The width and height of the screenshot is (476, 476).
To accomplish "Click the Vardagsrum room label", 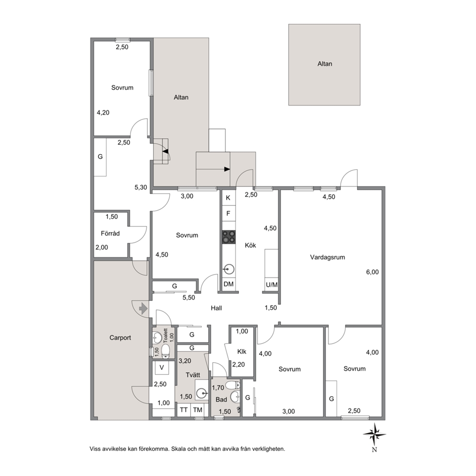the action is (327, 257).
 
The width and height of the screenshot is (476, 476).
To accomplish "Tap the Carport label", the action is (120, 338).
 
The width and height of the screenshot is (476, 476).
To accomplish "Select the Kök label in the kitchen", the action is (250, 245).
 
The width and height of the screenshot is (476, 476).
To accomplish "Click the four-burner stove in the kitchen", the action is (228, 237).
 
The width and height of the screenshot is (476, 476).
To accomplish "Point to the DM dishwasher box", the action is (228, 284).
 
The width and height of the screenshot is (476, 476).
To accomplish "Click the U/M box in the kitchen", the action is (272, 285).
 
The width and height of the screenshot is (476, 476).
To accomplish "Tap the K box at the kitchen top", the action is (228, 198).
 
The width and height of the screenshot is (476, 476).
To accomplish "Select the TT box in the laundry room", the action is (184, 410).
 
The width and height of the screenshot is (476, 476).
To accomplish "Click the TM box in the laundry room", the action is (198, 410).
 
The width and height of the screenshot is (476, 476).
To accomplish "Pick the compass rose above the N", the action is (374, 435).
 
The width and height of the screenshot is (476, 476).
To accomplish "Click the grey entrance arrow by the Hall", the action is (143, 309).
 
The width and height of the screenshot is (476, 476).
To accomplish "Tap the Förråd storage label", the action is (110, 234).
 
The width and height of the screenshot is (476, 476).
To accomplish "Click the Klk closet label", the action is (242, 352).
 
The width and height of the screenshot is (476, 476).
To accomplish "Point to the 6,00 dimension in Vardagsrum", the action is (372, 272).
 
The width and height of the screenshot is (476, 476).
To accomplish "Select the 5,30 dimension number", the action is (141, 187).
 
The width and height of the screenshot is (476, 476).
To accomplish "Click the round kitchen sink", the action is (228, 269).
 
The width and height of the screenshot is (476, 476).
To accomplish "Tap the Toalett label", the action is (166, 335).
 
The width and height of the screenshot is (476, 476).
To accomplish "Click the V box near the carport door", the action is (162, 368).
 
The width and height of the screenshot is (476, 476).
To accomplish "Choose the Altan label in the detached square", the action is (325, 64).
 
